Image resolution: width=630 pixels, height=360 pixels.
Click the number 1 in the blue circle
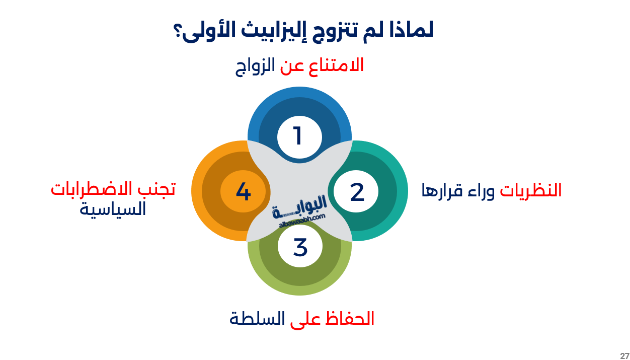pyautogui.click(x=298, y=136)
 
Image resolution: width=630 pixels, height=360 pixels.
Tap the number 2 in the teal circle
pyautogui.click(x=357, y=192)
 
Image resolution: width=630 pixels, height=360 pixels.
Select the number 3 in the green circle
pyautogui.click(x=300, y=247)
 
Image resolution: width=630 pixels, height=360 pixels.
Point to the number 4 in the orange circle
pyautogui.click(x=243, y=192)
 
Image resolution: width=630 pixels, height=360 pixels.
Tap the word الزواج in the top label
pyautogui.click(x=256, y=66)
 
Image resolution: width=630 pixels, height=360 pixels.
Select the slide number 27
pyautogui.click(x=624, y=355)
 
